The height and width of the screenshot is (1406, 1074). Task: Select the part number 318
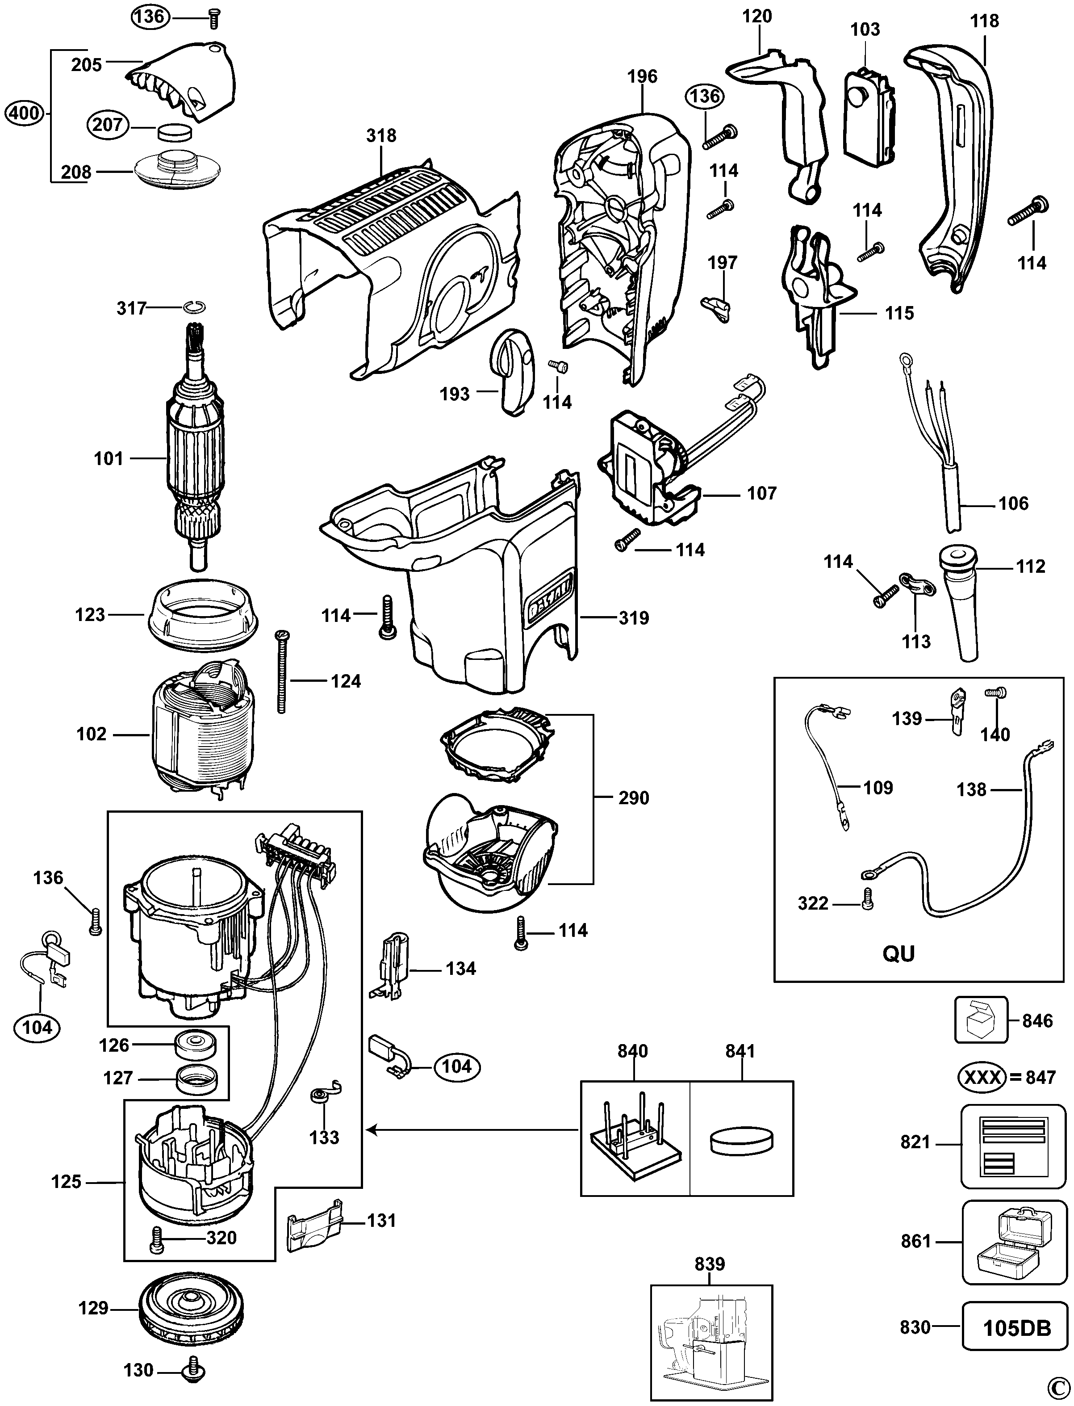pyautogui.click(x=381, y=136)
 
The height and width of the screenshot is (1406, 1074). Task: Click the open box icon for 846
pyautogui.click(x=981, y=1020)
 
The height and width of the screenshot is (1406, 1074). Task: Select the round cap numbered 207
pyautogui.click(x=175, y=132)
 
